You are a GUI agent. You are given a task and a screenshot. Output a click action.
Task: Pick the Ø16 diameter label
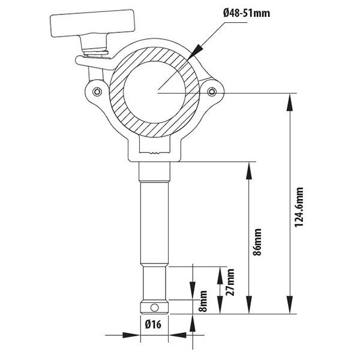click(154, 325)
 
